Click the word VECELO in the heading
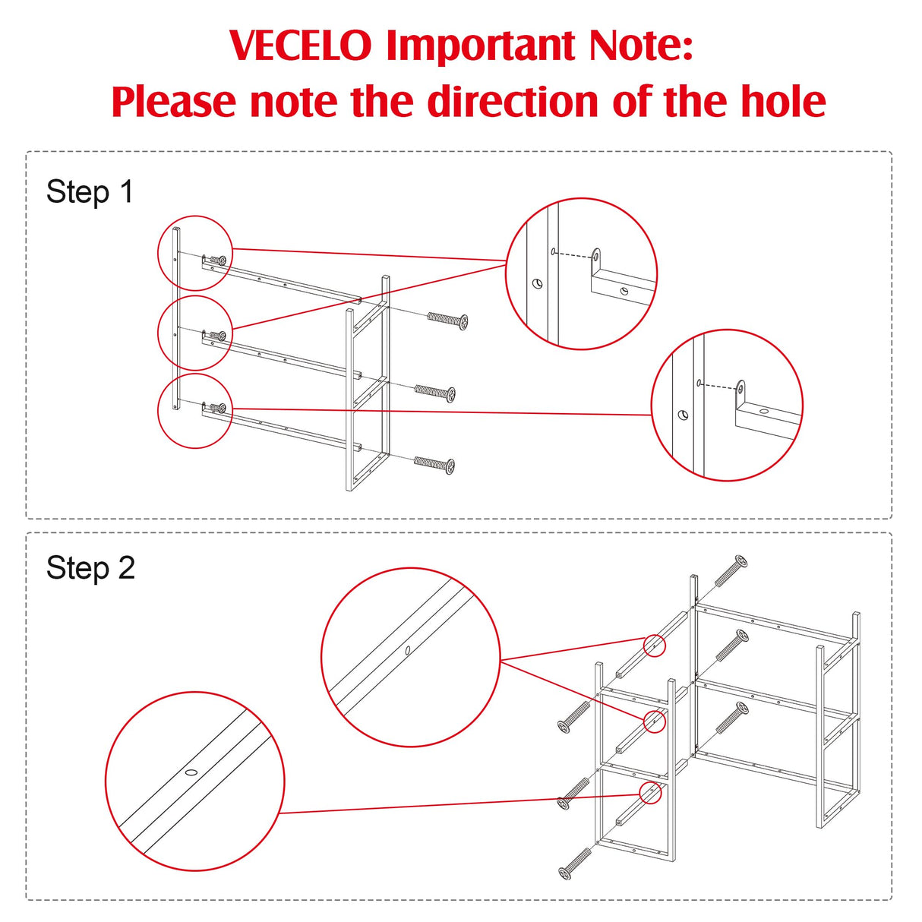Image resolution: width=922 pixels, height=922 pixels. click(301, 46)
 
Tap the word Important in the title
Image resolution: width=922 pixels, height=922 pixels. click(481, 47)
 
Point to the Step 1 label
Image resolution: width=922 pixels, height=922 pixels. click(90, 192)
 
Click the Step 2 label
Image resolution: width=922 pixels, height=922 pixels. click(90, 568)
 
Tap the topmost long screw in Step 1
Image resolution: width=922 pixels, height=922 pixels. click(447, 320)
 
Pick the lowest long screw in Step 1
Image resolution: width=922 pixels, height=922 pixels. click(434, 463)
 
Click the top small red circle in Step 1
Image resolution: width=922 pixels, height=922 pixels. click(195, 253)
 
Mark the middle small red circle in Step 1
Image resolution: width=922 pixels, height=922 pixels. click(195, 333)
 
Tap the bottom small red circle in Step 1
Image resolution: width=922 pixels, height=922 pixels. click(195, 411)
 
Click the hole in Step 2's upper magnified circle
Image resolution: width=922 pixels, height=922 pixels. click(408, 650)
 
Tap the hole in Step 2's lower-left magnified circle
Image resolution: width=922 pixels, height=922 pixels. click(191, 772)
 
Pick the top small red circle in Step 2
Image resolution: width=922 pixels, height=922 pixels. click(654, 646)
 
